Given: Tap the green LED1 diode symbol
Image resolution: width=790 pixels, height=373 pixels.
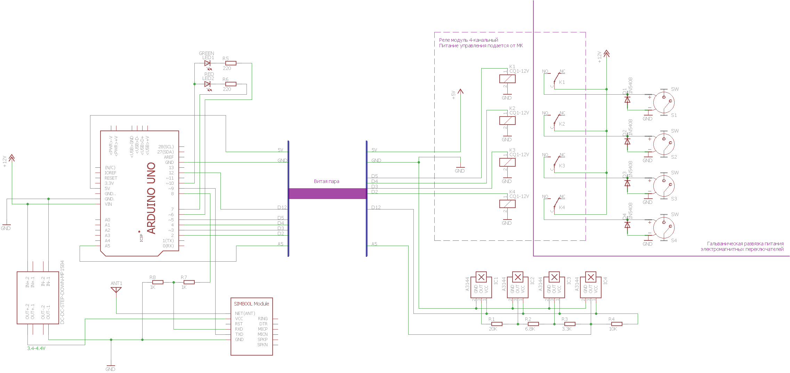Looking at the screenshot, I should (x=208, y=63).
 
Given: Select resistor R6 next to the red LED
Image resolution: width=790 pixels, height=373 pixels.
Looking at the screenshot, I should (x=231, y=84).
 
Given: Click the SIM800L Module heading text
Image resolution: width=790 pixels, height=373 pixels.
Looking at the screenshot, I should (x=251, y=304).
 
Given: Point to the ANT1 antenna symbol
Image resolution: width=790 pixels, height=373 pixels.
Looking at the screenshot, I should (x=116, y=289).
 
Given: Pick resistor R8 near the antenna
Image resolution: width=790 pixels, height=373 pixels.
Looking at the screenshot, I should (x=158, y=282).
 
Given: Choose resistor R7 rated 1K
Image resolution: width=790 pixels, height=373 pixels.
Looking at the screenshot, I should (x=189, y=282).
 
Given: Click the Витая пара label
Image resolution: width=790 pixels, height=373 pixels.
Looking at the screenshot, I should (x=327, y=181).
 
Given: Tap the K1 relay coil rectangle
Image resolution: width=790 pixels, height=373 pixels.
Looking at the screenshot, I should (x=507, y=79).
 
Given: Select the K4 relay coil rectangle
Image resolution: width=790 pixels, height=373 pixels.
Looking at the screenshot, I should (x=507, y=204).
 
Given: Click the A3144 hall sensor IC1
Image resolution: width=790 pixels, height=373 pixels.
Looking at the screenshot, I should (x=481, y=285).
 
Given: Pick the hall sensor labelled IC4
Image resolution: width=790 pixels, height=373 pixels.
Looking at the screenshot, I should (x=591, y=285).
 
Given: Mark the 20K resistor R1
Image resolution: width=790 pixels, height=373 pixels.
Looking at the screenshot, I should (x=497, y=324).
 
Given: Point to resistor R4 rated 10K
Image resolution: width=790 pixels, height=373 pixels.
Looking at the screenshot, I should (x=616, y=324).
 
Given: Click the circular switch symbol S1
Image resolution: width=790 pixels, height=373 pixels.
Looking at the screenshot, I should (x=664, y=102).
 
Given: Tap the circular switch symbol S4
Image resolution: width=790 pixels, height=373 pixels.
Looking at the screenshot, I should (x=664, y=227).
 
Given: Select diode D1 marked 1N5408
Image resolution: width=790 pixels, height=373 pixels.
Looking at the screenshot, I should (x=627, y=100).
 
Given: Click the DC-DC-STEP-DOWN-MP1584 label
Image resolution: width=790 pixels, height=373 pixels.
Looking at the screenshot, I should (x=63, y=292).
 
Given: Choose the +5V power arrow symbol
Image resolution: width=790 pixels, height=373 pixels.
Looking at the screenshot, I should (x=460, y=92).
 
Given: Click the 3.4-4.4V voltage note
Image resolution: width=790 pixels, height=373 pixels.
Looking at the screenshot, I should (x=36, y=348).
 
